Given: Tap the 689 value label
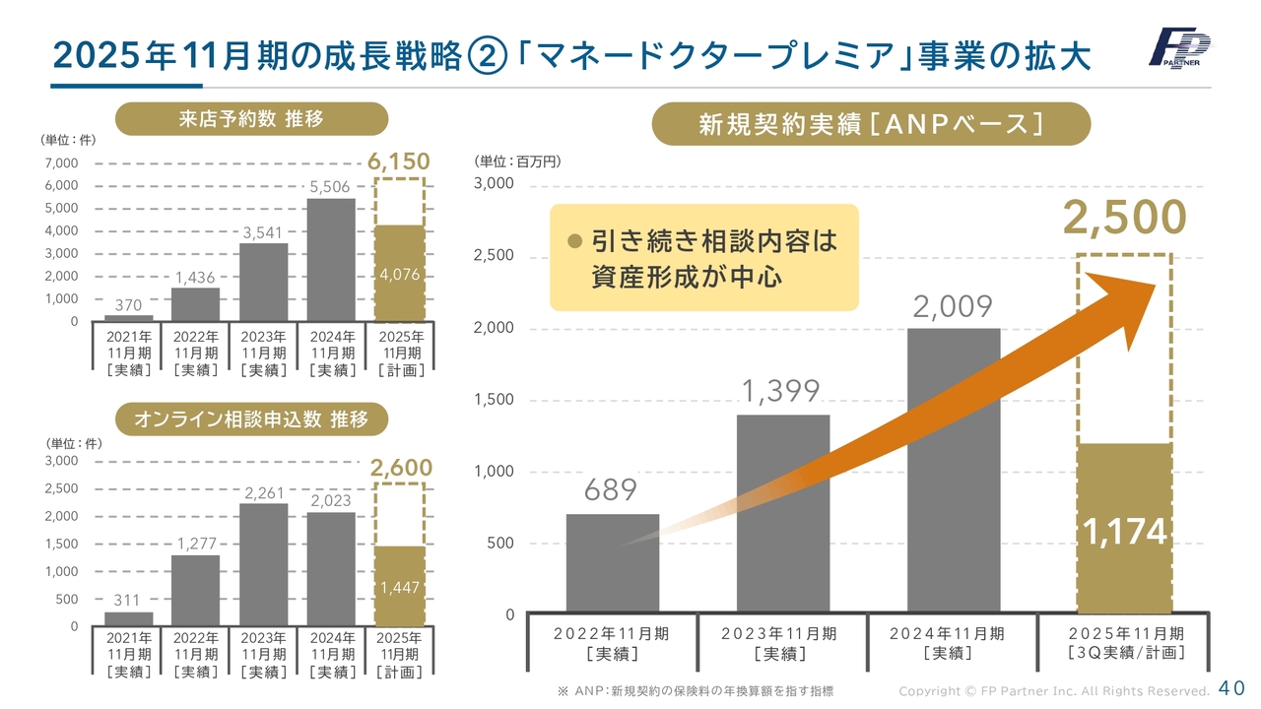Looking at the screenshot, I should (611, 489).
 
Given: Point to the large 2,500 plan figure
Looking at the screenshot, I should (1124, 219).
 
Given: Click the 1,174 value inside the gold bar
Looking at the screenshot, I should (1124, 533).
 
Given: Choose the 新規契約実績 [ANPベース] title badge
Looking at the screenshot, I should (871, 124).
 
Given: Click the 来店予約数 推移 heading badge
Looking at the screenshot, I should (251, 119).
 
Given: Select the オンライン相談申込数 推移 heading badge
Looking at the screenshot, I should (251, 419).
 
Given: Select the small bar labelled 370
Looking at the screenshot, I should (128, 318).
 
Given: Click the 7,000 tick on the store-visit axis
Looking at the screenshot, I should (60, 162).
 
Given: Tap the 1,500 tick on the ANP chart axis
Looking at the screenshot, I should (494, 400).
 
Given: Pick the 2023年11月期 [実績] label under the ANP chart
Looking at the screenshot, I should (779, 643).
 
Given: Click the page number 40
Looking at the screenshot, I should (1231, 688).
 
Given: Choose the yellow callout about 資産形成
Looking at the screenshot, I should (703, 258).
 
